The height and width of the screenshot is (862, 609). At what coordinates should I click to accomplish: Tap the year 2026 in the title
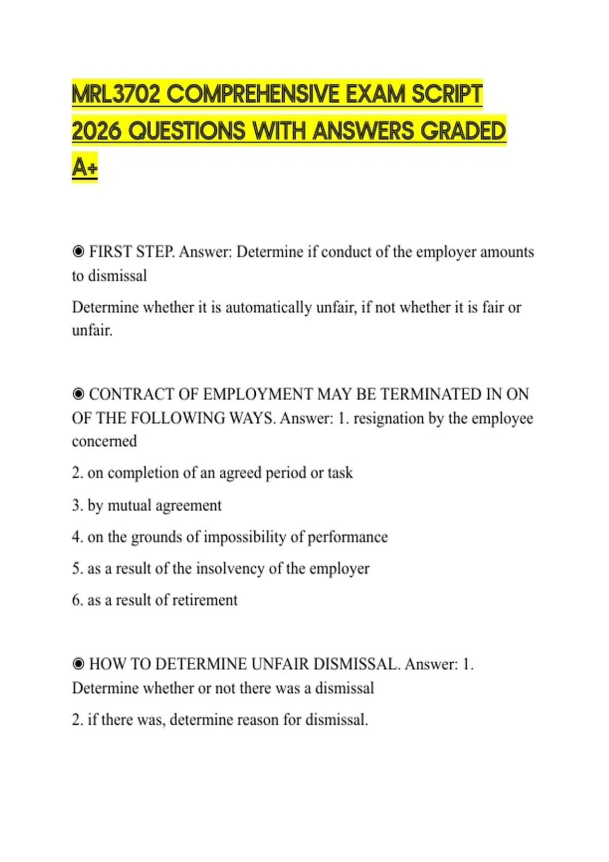tap(96, 131)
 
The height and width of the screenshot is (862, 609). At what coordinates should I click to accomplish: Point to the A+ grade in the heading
tap(84, 167)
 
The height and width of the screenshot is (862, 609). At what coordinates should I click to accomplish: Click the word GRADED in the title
tap(463, 131)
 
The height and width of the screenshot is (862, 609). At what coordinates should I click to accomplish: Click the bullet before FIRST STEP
tap(78, 252)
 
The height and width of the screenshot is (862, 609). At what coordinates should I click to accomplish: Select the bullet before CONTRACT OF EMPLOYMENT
tap(78, 394)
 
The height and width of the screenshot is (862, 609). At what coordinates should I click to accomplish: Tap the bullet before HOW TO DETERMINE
tap(78, 664)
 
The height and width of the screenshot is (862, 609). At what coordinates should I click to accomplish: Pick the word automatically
tap(268, 307)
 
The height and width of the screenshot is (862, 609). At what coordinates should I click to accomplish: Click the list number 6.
tap(77, 600)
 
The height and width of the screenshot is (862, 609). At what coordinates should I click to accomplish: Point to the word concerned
tap(105, 441)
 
